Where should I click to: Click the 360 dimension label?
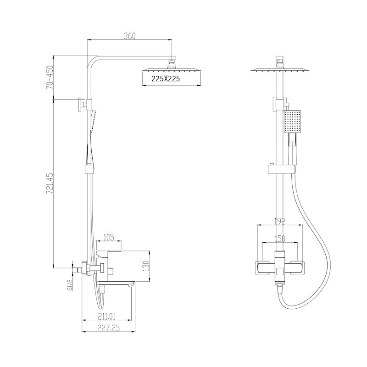[x=129, y=36]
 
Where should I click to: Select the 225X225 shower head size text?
[x=166, y=78]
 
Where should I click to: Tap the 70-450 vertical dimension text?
[x=50, y=77]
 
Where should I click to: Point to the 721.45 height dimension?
[x=50, y=183]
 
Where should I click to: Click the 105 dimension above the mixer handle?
[x=109, y=237]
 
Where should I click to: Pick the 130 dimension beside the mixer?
[x=145, y=266]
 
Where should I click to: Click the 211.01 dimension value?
[x=106, y=317]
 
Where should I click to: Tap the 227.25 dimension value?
[x=108, y=328]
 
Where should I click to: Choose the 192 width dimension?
[x=280, y=221]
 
